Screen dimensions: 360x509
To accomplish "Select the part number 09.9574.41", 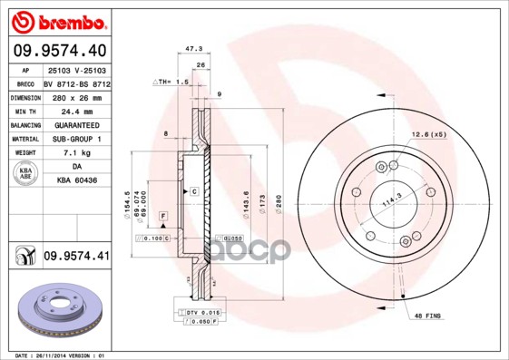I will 76,258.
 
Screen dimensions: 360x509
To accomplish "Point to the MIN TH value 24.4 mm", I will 76,111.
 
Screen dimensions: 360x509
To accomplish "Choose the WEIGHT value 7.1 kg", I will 76,153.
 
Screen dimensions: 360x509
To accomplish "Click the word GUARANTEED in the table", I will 76,125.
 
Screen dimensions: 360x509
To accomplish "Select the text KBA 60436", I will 76,181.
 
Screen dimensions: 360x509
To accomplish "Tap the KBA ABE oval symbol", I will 25,174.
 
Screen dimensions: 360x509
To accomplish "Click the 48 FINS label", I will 428,316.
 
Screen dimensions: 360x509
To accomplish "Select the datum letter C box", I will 193,193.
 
